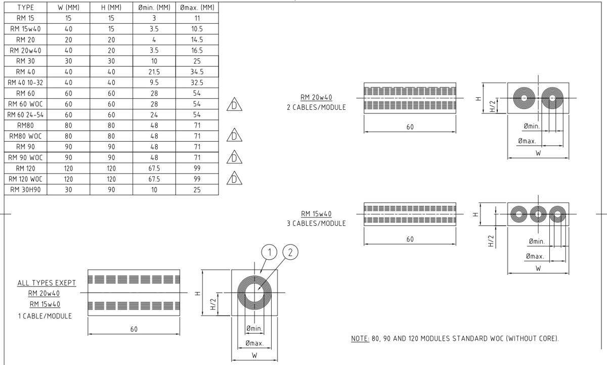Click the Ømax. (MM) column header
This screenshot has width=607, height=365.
coord(197,8)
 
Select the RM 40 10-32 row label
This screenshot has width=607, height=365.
coord(25,82)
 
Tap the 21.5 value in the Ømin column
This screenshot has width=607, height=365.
coord(154,71)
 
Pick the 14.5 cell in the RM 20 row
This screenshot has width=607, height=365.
coord(197,39)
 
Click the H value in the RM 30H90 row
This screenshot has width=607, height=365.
coord(111,190)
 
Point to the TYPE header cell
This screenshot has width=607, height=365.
coord(25,8)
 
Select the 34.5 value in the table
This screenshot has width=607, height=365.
coord(197,71)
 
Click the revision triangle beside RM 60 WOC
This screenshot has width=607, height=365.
coord(234,104)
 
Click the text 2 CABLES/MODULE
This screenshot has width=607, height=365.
coord(316,107)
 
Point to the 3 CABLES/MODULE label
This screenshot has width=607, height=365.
coord(316,223)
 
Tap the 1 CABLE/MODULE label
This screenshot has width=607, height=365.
coord(45,316)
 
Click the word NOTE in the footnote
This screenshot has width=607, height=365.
coord(360,338)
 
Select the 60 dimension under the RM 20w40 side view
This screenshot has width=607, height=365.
coord(410,127)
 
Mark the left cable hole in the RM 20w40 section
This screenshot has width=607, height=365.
coord(525,98)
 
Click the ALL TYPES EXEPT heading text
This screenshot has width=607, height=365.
coord(47,282)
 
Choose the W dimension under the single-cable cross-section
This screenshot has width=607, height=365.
coord(254,355)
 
